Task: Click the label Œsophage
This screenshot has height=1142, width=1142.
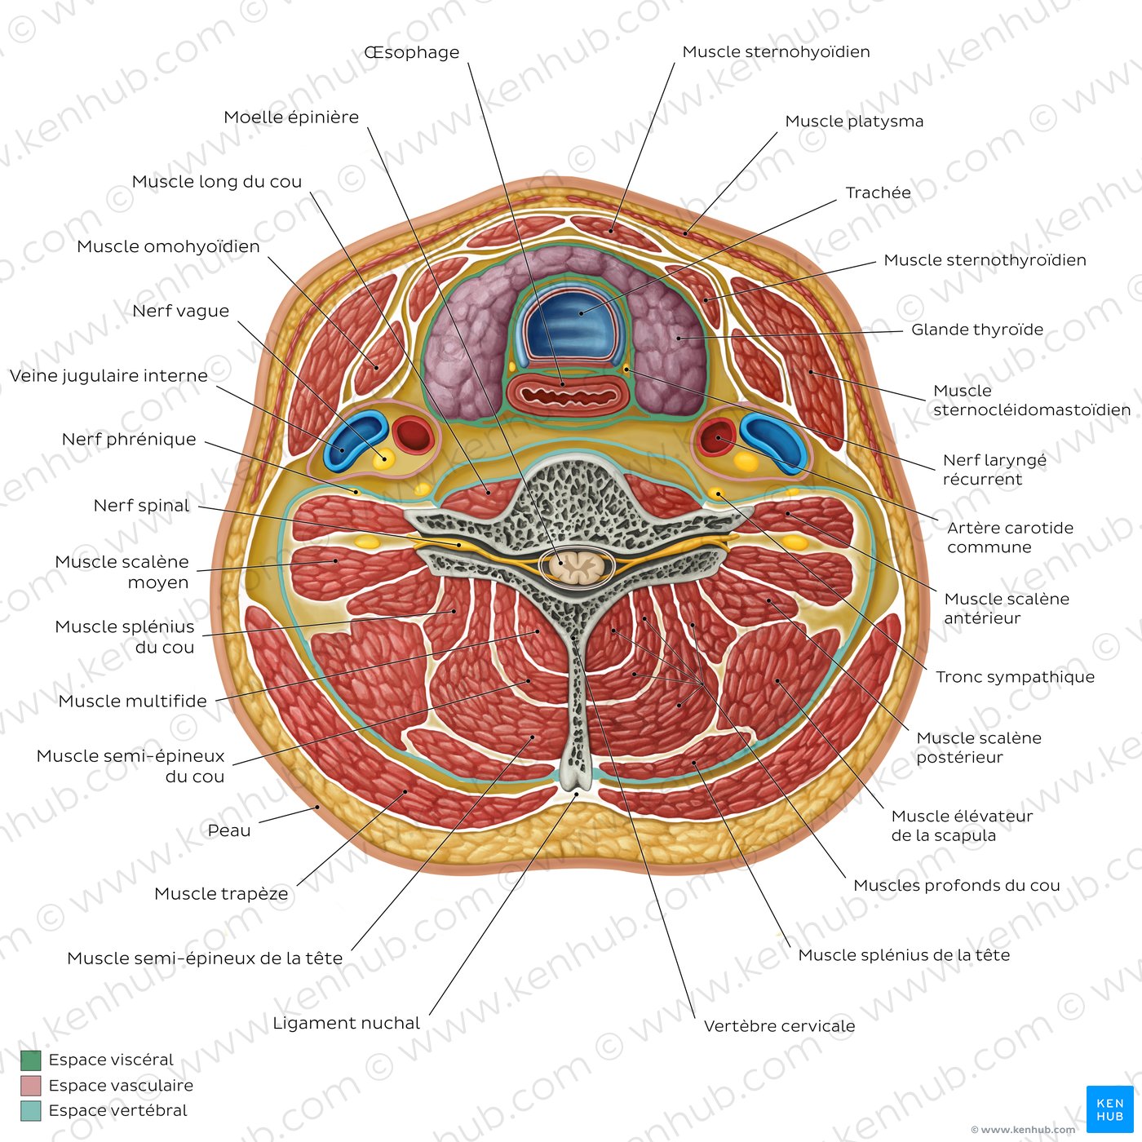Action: click(412, 53)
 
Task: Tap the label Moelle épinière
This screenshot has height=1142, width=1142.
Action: click(291, 117)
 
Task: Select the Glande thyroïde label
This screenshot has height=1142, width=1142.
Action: click(976, 330)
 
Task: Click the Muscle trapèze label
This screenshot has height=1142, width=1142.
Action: click(221, 894)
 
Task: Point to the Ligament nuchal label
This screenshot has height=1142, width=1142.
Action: click(346, 1023)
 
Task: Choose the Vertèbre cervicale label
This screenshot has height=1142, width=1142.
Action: click(779, 1026)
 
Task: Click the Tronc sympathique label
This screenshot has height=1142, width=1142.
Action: click(1015, 677)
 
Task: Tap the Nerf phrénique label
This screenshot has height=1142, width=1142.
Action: click(129, 440)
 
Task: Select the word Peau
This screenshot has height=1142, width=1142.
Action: click(229, 830)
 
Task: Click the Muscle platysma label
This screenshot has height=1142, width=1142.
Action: click(854, 122)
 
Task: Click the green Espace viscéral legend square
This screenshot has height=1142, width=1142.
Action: click(30, 1060)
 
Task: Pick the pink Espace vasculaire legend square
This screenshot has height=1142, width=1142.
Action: click(30, 1086)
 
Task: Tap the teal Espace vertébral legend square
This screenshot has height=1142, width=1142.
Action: click(30, 1111)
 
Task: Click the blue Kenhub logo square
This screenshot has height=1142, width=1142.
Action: click(1109, 1109)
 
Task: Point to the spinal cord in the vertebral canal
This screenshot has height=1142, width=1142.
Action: click(578, 564)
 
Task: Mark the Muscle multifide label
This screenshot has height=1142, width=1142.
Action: click(132, 702)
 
